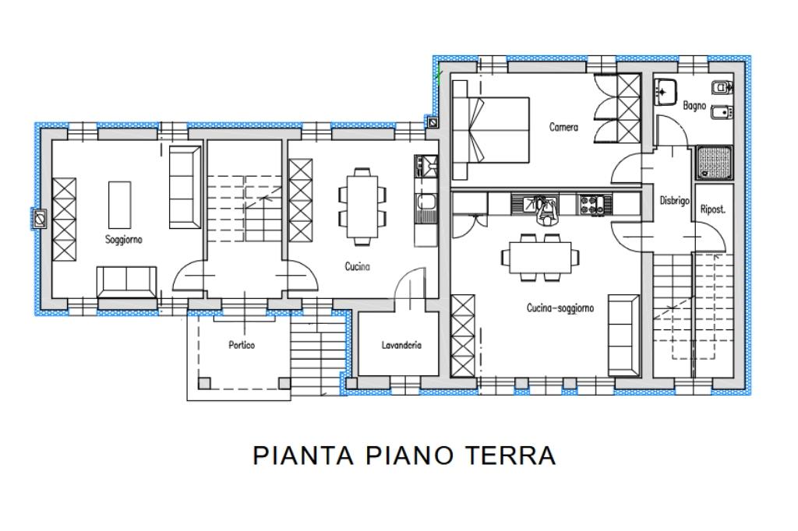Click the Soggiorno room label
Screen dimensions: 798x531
click(x=124, y=240)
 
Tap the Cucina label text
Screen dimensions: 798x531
click(x=357, y=266)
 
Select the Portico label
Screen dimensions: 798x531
click(x=242, y=345)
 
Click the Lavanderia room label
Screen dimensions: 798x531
click(x=401, y=345)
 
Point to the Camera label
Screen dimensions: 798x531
click(x=564, y=127)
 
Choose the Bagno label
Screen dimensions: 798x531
click(x=694, y=106)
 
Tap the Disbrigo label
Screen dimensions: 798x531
click(x=674, y=200)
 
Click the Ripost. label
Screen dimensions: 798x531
click(x=713, y=209)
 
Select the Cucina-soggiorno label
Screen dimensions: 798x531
click(x=560, y=308)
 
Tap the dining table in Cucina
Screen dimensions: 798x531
click(x=362, y=206)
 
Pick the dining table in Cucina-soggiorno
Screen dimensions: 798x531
click(x=539, y=258)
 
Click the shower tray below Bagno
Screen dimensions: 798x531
click(x=715, y=163)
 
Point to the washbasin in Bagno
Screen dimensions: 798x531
click(x=666, y=92)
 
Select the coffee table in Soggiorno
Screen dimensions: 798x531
click(x=119, y=205)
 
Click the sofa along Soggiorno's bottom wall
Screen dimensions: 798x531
click(x=127, y=282)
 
